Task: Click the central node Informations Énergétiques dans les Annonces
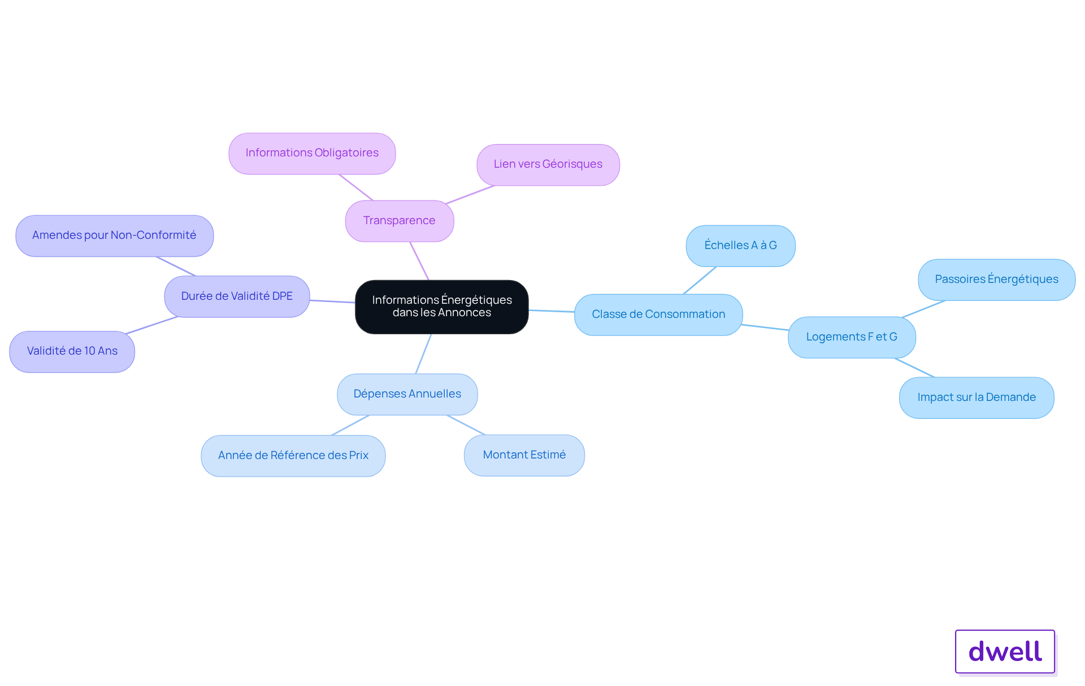pyautogui.click(x=442, y=307)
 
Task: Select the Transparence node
pyautogui.click(x=400, y=221)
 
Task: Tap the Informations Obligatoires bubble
pyautogui.click(x=312, y=153)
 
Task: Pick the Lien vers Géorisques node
pyautogui.click(x=548, y=164)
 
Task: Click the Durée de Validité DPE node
pyautogui.click(x=237, y=296)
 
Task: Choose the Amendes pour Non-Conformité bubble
pyautogui.click(x=115, y=235)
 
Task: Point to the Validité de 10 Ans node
pyautogui.click(x=72, y=351)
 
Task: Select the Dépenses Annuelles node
pyautogui.click(x=407, y=394)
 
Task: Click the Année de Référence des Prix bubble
pyautogui.click(x=293, y=456)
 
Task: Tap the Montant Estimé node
pyautogui.click(x=524, y=455)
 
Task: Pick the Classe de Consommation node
pyautogui.click(x=658, y=314)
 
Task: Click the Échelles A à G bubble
pyautogui.click(x=741, y=246)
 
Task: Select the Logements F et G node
pyautogui.click(x=852, y=337)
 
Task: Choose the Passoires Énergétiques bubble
pyautogui.click(x=997, y=279)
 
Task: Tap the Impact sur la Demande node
pyautogui.click(x=976, y=397)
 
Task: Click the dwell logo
pyautogui.click(x=1005, y=652)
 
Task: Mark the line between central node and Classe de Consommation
pyautogui.click(x=552, y=311)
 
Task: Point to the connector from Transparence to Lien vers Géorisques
pyautogui.click(x=470, y=195)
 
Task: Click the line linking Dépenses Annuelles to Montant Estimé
pyautogui.click(x=466, y=425)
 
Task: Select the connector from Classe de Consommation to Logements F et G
pyautogui.click(x=765, y=327)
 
